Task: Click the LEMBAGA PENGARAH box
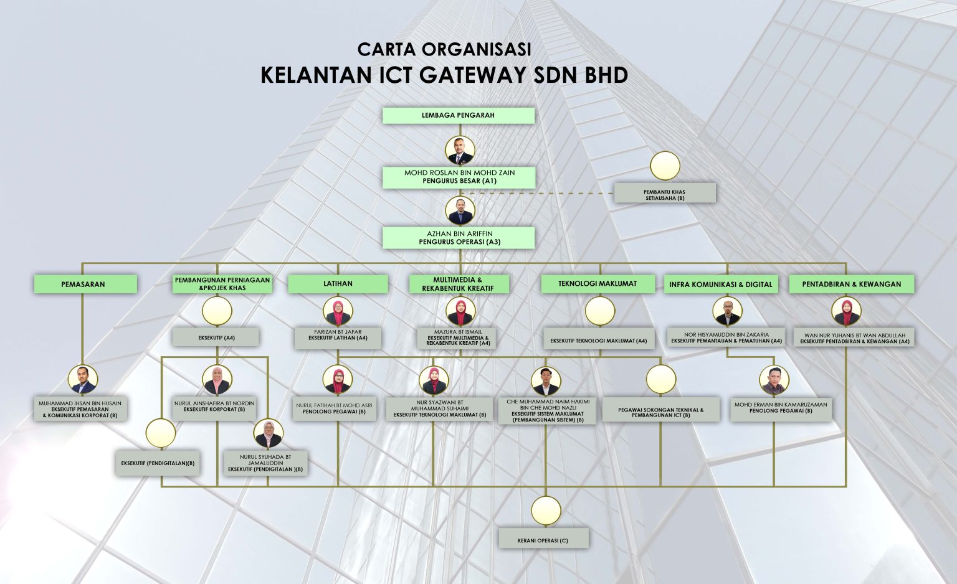[x=458, y=115]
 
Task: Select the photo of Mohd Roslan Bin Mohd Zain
[x=460, y=151]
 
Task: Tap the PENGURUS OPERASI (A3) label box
[x=459, y=238]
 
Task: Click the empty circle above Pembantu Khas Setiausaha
[x=665, y=166]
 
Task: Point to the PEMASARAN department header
[x=83, y=284]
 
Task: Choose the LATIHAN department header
[x=338, y=284]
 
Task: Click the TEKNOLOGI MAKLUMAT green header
[x=597, y=284]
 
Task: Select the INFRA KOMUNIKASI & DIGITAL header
[x=720, y=285]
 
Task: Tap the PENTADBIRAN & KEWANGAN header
[x=851, y=284]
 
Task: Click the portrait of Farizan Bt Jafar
[x=338, y=311]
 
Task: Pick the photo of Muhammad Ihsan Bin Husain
[x=83, y=379]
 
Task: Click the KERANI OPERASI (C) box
[x=543, y=540]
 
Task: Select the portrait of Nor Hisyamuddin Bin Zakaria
[x=727, y=311]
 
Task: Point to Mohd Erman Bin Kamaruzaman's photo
[x=774, y=380]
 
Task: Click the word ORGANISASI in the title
[x=477, y=49]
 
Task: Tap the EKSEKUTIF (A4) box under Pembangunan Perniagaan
[x=216, y=337]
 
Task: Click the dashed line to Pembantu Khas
[x=542, y=193]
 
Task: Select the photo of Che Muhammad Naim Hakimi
[x=545, y=380]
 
